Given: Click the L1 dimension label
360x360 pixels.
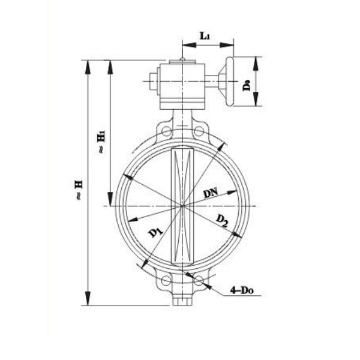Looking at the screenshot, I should [x=205, y=36].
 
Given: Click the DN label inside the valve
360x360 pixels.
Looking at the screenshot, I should [x=211, y=193].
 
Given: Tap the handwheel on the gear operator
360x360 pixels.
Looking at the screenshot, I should [x=229, y=81].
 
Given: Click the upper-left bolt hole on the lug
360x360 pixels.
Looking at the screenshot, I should [x=166, y=131].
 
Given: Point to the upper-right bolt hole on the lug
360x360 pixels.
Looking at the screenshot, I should [x=199, y=131].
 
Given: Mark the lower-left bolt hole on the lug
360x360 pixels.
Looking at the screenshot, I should [x=166, y=280].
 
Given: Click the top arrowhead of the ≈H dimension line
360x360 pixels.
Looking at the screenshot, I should [x=88, y=66].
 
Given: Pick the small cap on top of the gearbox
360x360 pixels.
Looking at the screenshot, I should [x=182, y=60].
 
